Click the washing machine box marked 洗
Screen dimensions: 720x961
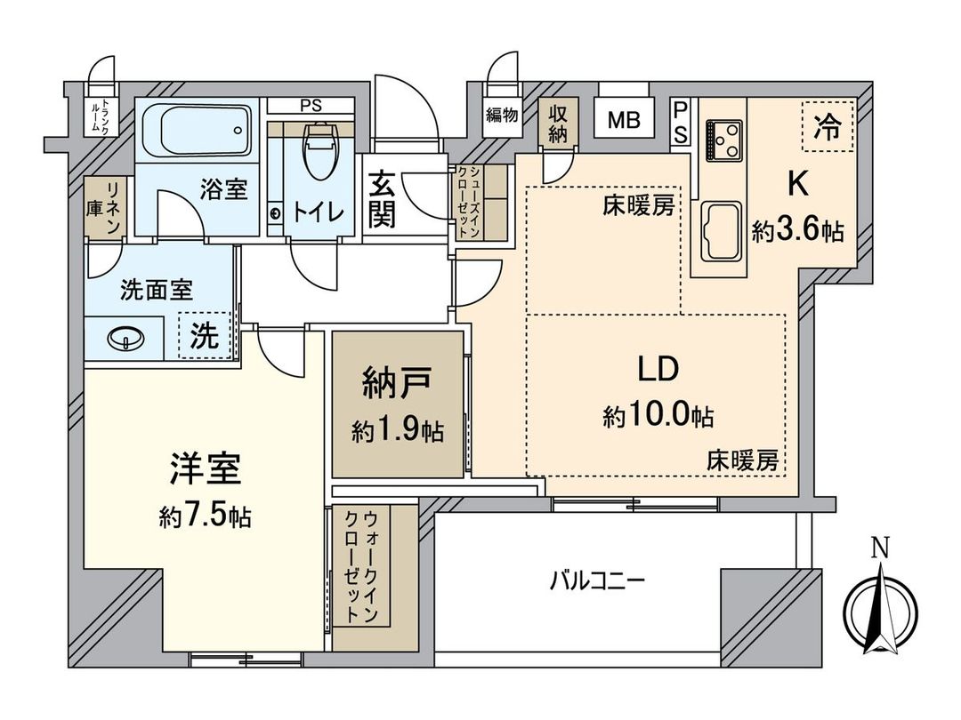[204, 336]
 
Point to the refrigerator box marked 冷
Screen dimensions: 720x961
[827, 125]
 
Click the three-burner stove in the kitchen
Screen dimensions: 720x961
[725, 138]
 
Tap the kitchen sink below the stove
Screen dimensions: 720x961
[722, 230]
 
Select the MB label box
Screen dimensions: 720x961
[624, 120]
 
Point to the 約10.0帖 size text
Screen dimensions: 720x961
[658, 415]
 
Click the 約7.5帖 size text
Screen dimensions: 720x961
[204, 516]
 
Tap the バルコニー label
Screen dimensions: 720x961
[596, 582]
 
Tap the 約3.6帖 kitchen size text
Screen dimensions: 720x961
[797, 232]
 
